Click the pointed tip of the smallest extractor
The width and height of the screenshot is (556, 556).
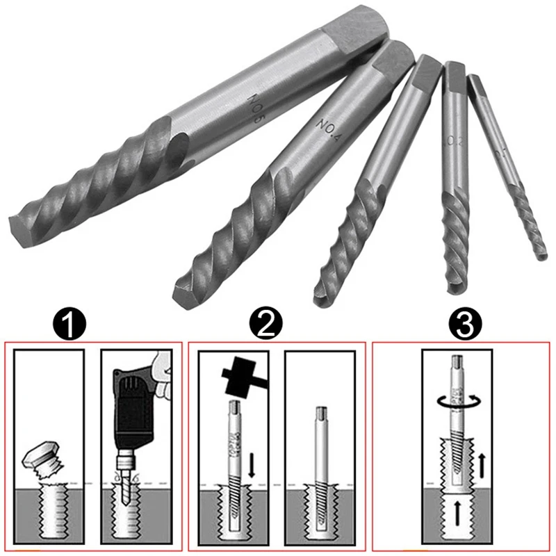point(541,256)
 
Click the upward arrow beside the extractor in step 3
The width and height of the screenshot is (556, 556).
point(482,464)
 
